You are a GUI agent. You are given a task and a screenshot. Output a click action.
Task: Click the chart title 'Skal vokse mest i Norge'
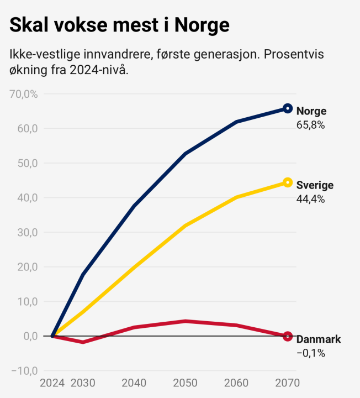[x=119, y=25]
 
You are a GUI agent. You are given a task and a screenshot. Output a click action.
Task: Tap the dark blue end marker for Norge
[x=287, y=108]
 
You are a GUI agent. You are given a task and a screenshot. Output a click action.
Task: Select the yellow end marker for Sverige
[x=287, y=182]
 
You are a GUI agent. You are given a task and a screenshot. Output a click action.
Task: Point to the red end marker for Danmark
[x=287, y=336]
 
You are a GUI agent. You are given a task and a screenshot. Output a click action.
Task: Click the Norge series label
[x=311, y=111]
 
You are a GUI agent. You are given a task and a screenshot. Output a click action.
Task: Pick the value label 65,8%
[x=310, y=125]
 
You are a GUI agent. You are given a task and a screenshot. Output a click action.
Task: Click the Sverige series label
[x=315, y=185]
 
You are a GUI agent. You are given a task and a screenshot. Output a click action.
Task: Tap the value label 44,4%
[x=310, y=200]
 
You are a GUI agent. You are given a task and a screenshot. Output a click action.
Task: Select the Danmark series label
[x=319, y=339]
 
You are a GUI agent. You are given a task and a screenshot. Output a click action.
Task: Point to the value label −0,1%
[x=311, y=353]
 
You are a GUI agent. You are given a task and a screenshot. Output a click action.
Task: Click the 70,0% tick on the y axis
[x=24, y=94]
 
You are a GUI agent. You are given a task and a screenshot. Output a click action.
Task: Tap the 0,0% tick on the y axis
[x=27, y=336]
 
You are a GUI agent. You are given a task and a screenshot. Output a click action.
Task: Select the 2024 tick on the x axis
[x=52, y=383]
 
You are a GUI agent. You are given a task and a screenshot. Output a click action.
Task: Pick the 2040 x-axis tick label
[x=134, y=383]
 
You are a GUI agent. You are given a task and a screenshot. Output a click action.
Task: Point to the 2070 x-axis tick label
[x=287, y=383]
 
